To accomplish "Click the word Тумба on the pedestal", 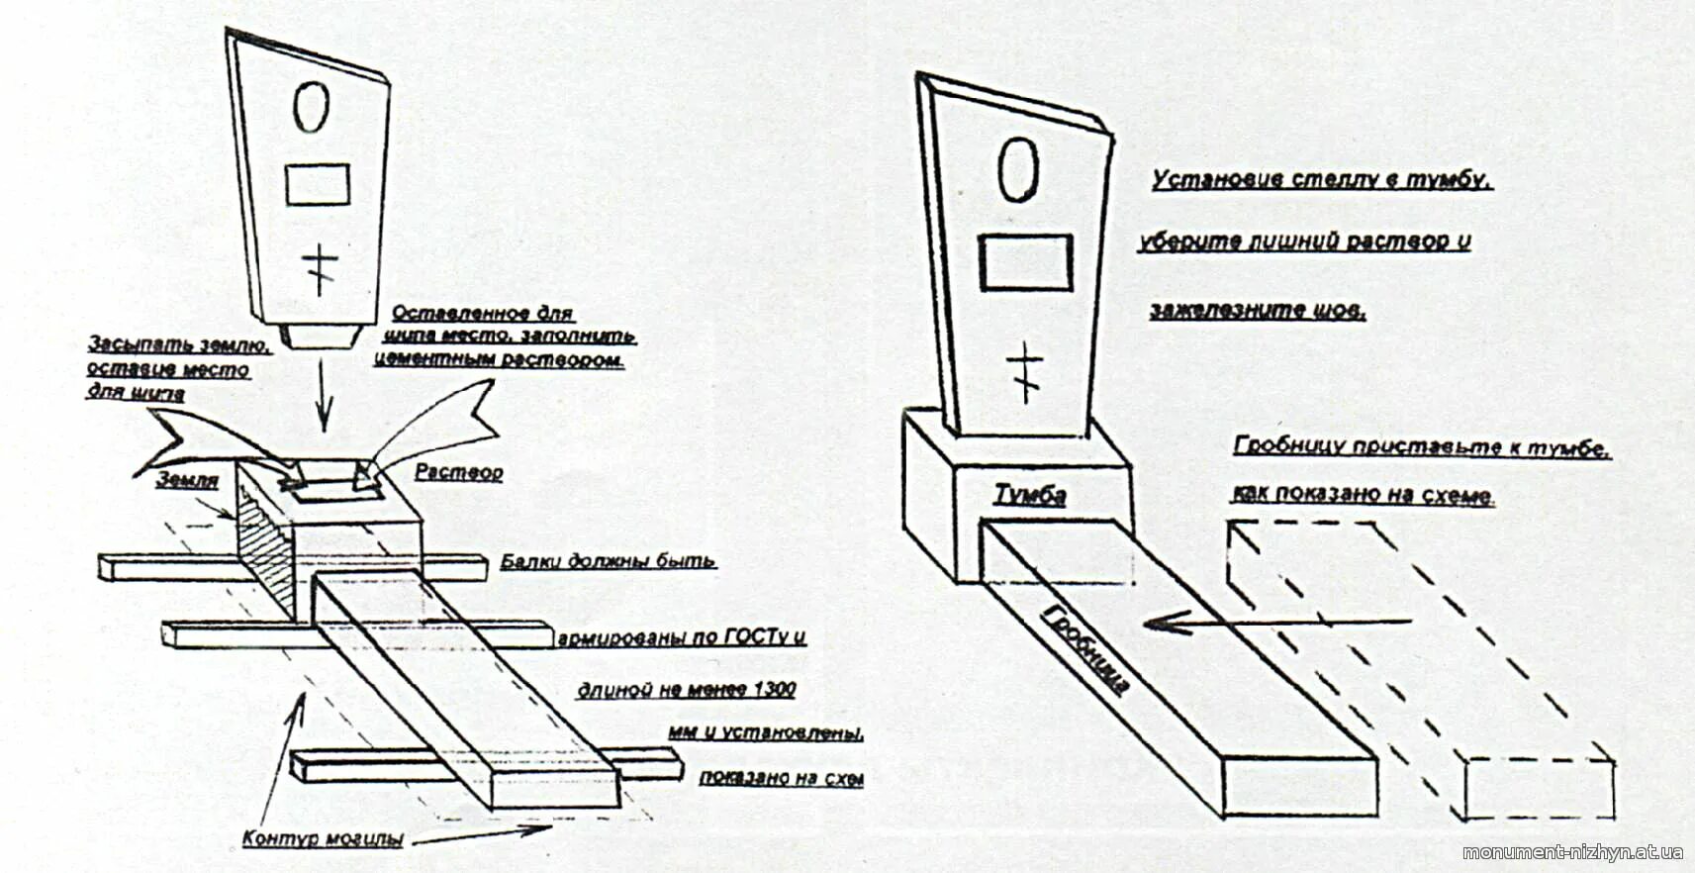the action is tap(1030, 493).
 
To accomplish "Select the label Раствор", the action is tap(458, 472).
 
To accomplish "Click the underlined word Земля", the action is tap(187, 479).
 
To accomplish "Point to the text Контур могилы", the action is tap(323, 838).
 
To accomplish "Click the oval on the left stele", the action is tap(311, 107).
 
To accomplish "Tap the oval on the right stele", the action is tap(1016, 169).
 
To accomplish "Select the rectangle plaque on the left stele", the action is tap(318, 184).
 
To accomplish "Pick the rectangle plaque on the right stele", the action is tap(1026, 261).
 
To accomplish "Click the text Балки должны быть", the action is tap(608, 561).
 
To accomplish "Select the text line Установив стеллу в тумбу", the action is tap(1321, 179).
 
